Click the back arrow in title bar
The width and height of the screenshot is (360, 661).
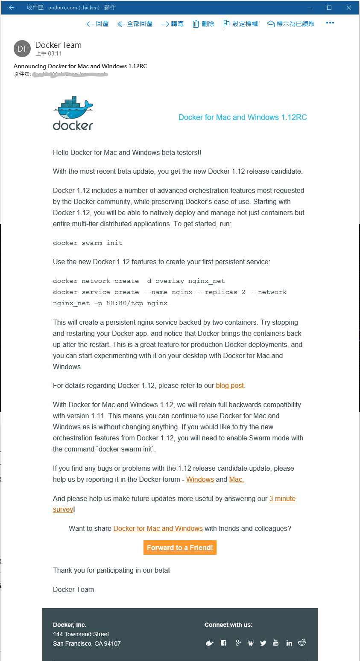point(12,8)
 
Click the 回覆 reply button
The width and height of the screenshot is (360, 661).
point(97,24)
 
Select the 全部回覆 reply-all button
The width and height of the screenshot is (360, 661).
point(135,24)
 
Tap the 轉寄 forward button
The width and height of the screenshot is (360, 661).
point(172,24)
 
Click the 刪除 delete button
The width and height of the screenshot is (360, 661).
point(203,24)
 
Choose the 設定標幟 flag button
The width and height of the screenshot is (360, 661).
point(240,24)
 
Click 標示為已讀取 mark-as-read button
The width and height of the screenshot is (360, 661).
point(291,24)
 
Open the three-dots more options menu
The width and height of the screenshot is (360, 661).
point(330,23)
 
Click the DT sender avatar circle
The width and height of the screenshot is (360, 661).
point(22,49)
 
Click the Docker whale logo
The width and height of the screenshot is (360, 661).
point(73,114)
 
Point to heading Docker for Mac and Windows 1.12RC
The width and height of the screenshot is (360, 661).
point(242,117)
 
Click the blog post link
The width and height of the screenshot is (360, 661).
point(230,385)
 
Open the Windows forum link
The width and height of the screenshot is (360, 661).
point(200,479)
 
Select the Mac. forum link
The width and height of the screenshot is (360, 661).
point(237,479)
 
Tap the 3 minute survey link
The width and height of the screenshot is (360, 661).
point(282,498)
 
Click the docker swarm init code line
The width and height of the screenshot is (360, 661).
point(88,243)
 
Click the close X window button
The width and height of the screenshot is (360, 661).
point(349,8)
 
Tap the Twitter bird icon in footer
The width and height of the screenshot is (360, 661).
point(263,643)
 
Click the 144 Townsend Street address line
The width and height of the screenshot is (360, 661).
point(81,634)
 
